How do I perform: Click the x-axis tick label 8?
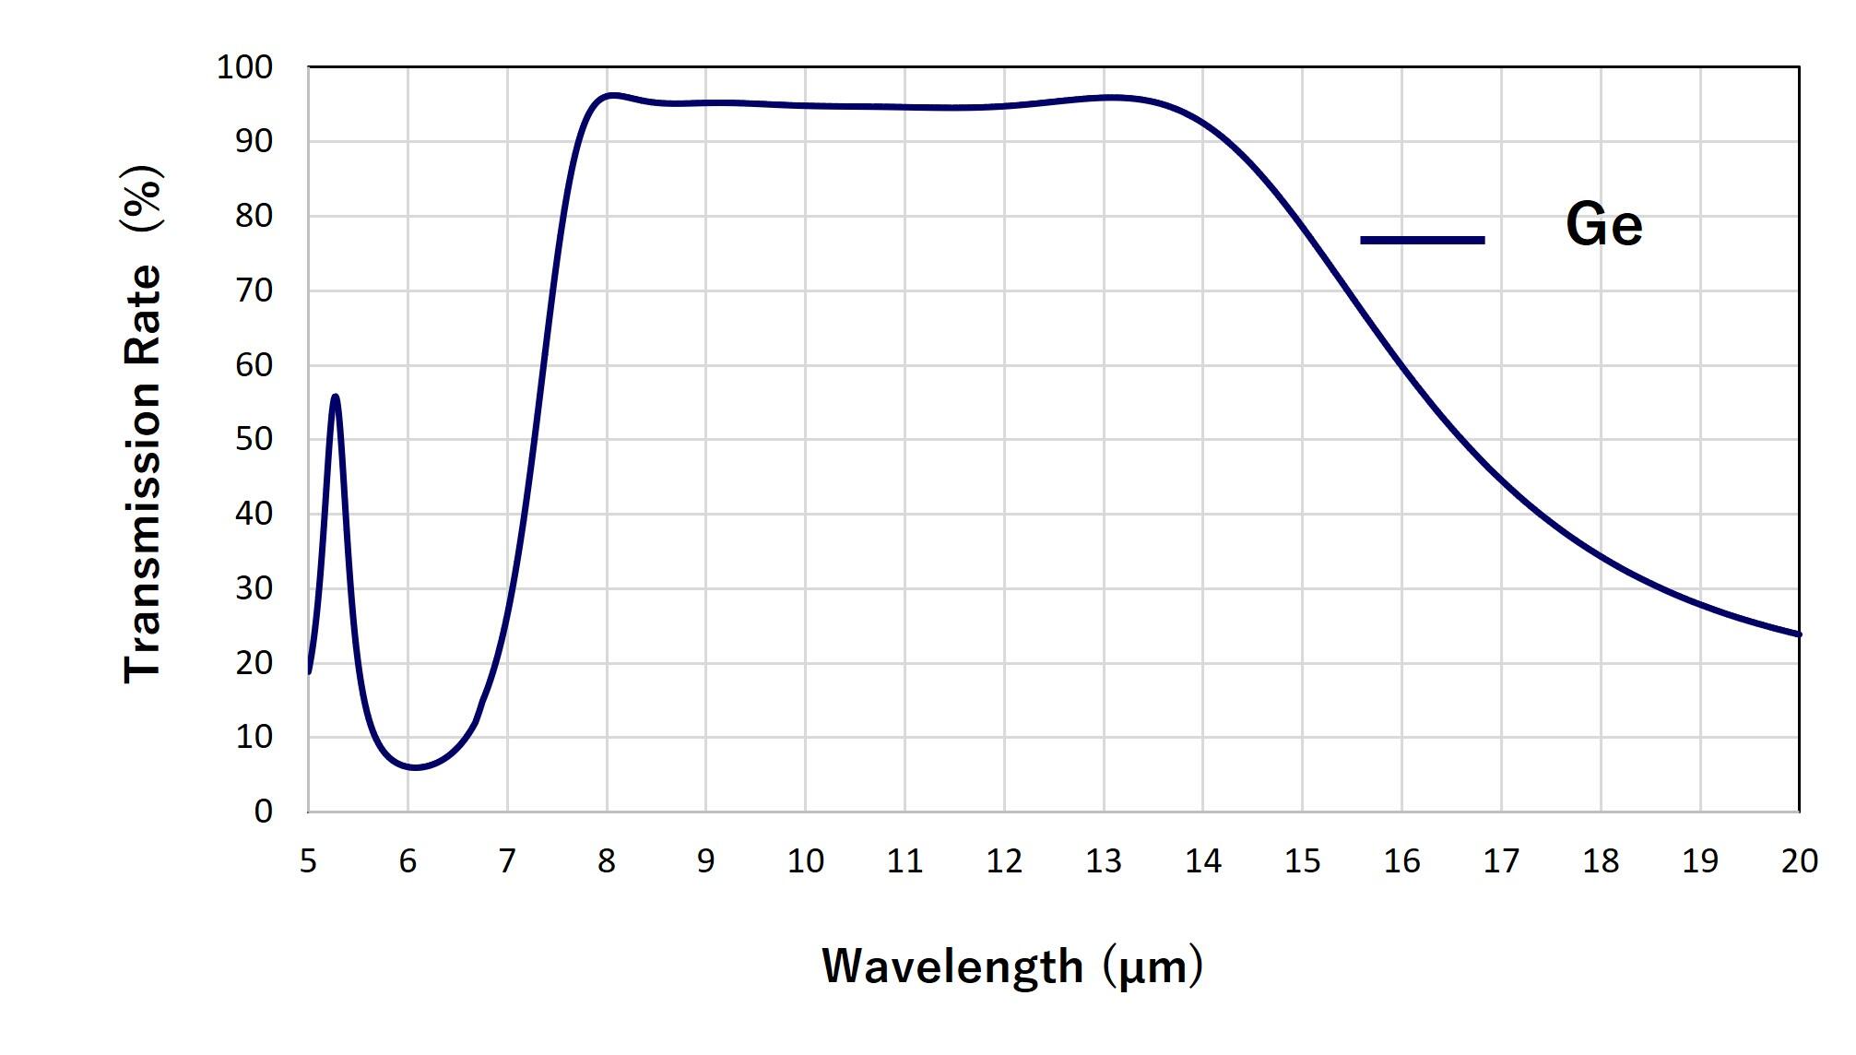point(606,861)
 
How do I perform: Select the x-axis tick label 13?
point(1103,861)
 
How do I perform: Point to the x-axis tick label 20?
point(1799,861)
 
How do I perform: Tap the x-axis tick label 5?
point(308,861)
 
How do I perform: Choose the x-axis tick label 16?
point(1401,861)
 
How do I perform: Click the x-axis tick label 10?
point(805,861)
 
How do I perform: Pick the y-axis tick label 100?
point(244,67)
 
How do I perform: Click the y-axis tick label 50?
point(254,440)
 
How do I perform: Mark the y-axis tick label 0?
point(264,812)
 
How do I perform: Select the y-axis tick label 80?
point(254,217)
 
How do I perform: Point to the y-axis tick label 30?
point(254,588)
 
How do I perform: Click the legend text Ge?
point(1603,225)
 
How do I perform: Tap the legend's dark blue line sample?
point(1423,240)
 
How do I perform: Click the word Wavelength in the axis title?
point(952,966)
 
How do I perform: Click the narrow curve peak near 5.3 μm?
point(335,397)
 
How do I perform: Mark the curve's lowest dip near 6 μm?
point(415,767)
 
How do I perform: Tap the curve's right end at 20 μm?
point(1798,634)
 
